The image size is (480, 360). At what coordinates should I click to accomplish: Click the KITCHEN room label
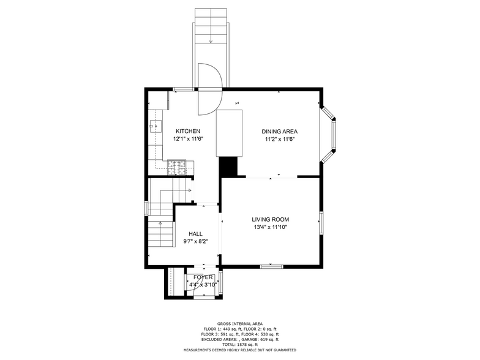click(187, 131)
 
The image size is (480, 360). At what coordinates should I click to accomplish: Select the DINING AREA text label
click(279, 131)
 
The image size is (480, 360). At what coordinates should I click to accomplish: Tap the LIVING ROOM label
click(270, 219)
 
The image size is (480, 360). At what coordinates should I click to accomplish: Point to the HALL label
click(195, 233)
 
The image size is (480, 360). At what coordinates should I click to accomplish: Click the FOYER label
click(202, 277)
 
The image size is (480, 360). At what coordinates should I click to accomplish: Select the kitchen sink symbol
click(156, 126)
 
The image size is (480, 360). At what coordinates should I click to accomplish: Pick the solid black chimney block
click(229, 165)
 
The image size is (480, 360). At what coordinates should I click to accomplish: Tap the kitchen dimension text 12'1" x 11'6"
click(187, 139)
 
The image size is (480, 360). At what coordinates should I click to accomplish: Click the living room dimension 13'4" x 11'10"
click(270, 227)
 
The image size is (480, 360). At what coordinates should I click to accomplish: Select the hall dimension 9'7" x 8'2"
click(195, 241)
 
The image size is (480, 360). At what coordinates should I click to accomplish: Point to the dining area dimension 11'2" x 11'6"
click(279, 139)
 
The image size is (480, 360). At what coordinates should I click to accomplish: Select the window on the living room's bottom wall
click(271, 266)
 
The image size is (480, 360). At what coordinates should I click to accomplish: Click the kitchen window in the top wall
click(182, 89)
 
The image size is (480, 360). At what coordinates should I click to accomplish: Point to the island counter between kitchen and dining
click(229, 132)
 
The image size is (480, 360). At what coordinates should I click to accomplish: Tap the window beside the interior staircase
click(146, 209)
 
